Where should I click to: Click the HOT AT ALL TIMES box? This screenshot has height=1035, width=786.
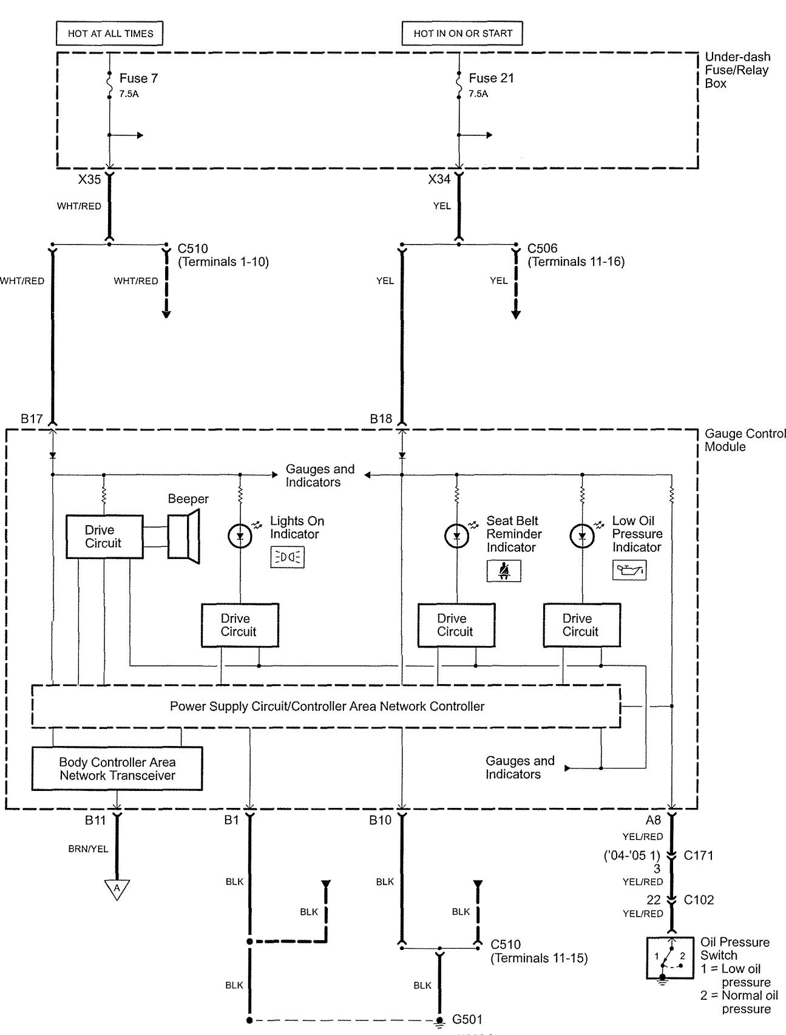tap(110, 33)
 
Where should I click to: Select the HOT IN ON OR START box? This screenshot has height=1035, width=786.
tap(462, 33)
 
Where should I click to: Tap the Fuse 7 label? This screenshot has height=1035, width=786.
tap(138, 78)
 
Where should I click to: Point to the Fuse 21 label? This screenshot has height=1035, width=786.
tap(492, 78)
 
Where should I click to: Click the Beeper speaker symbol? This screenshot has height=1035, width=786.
tap(184, 537)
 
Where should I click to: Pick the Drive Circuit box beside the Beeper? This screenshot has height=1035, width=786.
tap(104, 537)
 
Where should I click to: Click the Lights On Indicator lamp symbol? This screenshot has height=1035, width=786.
tap(240, 536)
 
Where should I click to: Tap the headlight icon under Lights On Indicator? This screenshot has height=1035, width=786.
tap(287, 557)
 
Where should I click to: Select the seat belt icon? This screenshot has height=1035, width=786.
tap(504, 571)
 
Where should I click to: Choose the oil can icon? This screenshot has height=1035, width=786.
tap(629, 570)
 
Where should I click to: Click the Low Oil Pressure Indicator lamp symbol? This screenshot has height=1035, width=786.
tap(582, 536)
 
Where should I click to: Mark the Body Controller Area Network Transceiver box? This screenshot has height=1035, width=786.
tap(117, 769)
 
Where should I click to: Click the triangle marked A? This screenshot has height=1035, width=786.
tap(118, 889)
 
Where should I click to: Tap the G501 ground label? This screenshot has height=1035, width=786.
tap(467, 1019)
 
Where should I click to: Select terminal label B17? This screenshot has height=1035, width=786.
tap(32, 419)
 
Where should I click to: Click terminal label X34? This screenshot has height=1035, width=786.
tap(439, 179)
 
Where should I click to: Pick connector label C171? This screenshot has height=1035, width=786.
tap(698, 855)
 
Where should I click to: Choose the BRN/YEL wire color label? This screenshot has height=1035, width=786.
tap(88, 849)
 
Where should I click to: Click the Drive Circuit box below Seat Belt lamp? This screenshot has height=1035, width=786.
tap(456, 625)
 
